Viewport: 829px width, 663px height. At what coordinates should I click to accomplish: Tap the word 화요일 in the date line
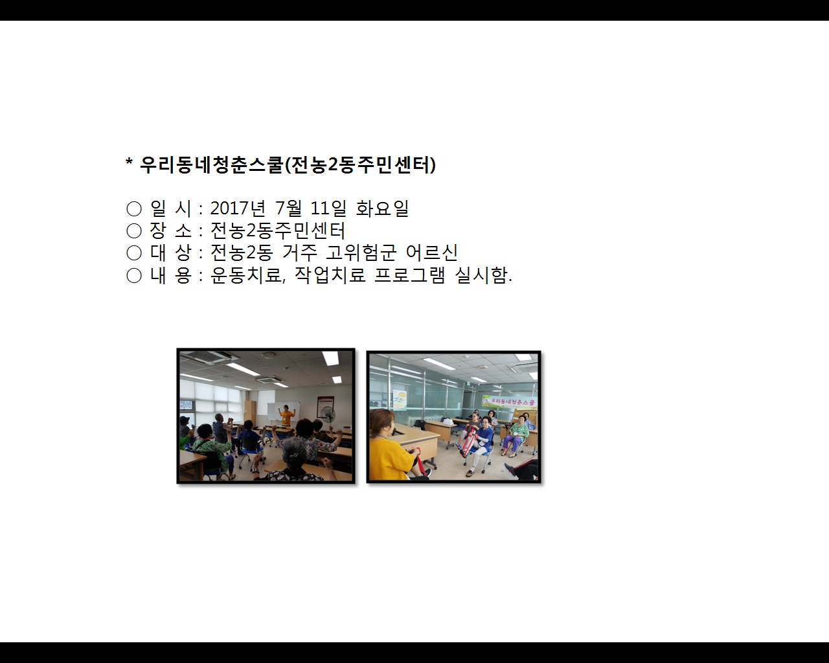click(x=382, y=208)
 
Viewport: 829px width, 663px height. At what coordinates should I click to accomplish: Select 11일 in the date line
click(x=328, y=208)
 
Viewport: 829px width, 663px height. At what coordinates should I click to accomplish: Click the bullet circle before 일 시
click(x=134, y=209)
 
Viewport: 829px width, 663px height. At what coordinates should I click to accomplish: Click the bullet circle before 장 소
click(x=134, y=231)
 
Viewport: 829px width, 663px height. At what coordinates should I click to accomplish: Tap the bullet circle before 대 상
click(x=134, y=253)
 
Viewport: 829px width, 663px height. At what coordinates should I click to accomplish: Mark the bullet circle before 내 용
click(x=134, y=276)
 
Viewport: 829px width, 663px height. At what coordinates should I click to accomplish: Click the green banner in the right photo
click(x=510, y=401)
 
